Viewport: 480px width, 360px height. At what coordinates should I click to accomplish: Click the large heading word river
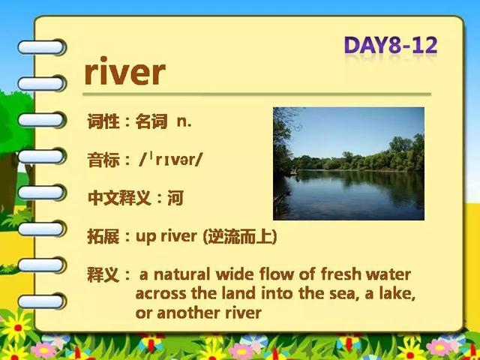click(x=125, y=71)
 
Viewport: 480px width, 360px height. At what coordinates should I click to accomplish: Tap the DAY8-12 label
click(x=391, y=46)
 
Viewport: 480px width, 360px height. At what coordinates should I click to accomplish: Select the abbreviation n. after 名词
click(x=184, y=121)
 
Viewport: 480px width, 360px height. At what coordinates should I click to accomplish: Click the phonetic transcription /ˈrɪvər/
click(x=170, y=160)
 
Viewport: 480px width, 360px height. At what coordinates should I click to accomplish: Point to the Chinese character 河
click(x=175, y=198)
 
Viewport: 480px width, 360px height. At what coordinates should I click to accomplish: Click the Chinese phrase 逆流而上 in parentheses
click(x=240, y=237)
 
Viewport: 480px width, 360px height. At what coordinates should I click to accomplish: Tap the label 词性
click(x=103, y=121)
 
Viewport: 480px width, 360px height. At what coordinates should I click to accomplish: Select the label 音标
click(x=103, y=160)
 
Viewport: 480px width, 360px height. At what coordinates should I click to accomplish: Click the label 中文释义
click(x=119, y=198)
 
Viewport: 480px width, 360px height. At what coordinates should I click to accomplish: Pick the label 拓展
click(x=103, y=237)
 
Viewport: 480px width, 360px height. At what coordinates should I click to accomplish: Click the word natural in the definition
click(x=181, y=274)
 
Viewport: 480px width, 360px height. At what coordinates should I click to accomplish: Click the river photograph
click(x=349, y=163)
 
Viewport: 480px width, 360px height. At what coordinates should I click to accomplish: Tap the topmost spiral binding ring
click(x=41, y=47)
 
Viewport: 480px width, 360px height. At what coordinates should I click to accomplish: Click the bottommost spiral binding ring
click(x=41, y=301)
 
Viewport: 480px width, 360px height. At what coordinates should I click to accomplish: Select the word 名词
click(x=151, y=121)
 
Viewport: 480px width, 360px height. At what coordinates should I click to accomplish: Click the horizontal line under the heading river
click(x=256, y=94)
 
